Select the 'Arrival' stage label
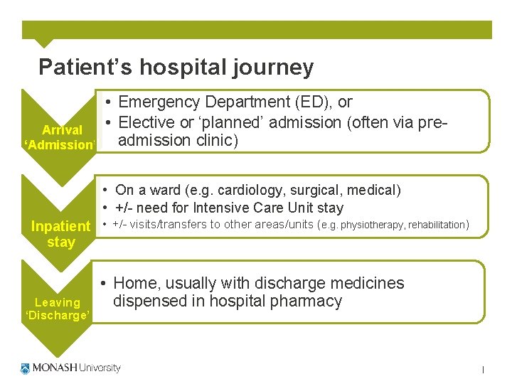tap(62, 130)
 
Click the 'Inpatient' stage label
tap(61, 227)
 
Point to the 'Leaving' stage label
tap(58, 302)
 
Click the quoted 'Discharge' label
tap(58, 316)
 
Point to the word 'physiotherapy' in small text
tap(373, 225)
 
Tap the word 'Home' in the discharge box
tap(136, 284)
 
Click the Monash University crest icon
tap(26, 368)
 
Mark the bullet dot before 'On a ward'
tap(105, 191)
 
